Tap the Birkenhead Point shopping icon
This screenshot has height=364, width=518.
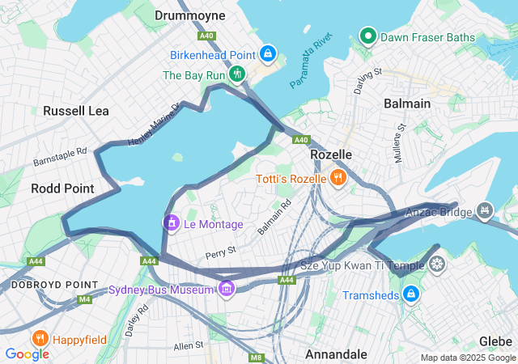click(x=268, y=54)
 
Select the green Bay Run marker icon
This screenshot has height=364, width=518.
click(x=237, y=74)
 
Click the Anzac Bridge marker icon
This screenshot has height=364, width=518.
click(x=485, y=211)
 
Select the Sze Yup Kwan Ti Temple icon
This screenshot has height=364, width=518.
click(x=437, y=265)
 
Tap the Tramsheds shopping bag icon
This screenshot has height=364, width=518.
click(x=410, y=294)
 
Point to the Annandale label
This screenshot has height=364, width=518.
click(x=336, y=354)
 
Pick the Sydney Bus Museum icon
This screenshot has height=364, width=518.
click(x=226, y=289)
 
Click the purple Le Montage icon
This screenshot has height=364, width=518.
click(x=171, y=222)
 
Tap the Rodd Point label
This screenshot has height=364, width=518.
click(x=62, y=188)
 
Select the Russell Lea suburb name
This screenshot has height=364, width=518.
click(x=75, y=110)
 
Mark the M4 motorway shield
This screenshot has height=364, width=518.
click(x=85, y=299)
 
